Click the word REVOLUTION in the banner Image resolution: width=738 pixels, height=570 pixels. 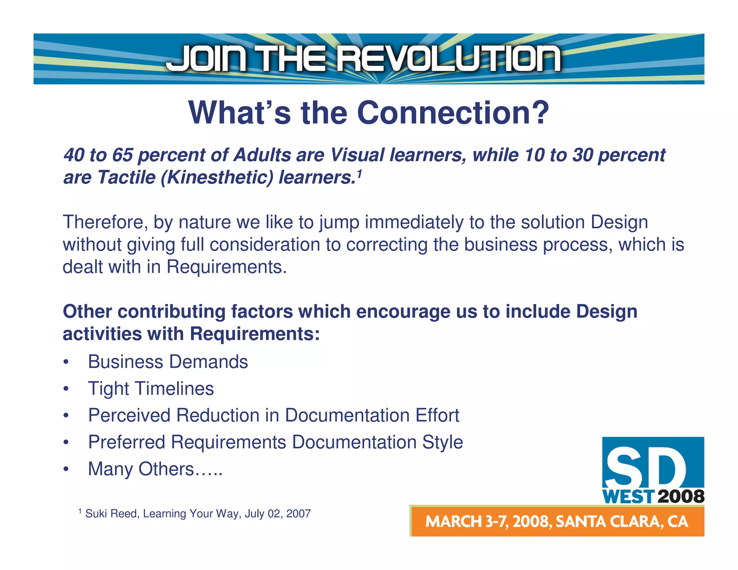click(x=448, y=58)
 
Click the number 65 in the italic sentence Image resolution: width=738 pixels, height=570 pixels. click(x=123, y=155)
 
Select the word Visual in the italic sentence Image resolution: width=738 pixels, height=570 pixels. click(x=357, y=155)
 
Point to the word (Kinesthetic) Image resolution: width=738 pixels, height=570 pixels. click(x=217, y=177)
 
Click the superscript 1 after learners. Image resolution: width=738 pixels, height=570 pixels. click(x=359, y=174)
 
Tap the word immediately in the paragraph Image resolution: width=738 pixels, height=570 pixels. click(x=414, y=222)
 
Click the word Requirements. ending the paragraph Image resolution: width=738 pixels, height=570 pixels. click(x=226, y=267)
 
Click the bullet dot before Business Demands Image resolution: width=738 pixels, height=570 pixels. click(x=66, y=362)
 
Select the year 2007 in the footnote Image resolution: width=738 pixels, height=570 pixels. click(x=298, y=513)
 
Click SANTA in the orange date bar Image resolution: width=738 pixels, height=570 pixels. click(x=580, y=522)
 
